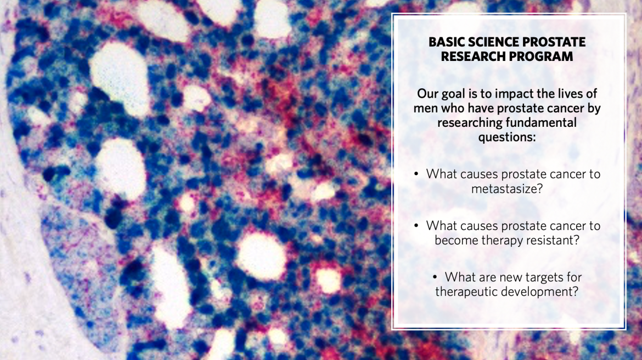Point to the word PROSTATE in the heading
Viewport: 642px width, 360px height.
coord(555,42)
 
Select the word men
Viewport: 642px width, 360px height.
coord(425,108)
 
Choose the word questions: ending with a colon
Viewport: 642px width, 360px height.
coord(506,137)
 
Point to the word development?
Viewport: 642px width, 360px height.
coord(543,291)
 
